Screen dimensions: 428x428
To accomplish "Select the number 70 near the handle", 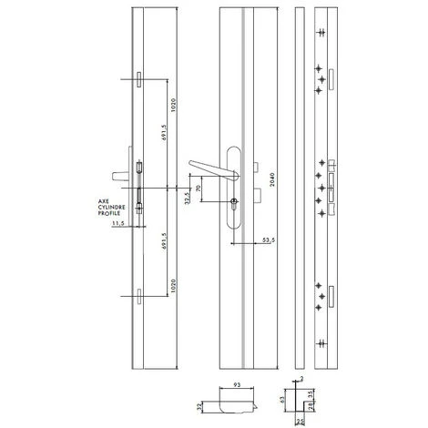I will (x=199, y=193).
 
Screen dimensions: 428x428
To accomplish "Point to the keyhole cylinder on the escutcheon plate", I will (x=235, y=202).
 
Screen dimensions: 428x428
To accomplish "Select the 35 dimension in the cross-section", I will (x=314, y=393).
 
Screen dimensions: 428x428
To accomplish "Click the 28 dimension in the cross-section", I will (x=307, y=404).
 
